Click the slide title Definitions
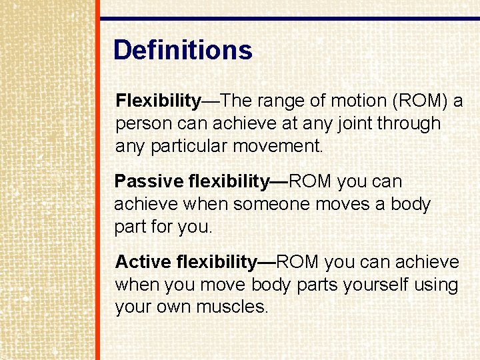click(x=183, y=51)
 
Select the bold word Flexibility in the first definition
click(x=158, y=101)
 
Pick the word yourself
click(x=375, y=285)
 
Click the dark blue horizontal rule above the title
click(x=289, y=19)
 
